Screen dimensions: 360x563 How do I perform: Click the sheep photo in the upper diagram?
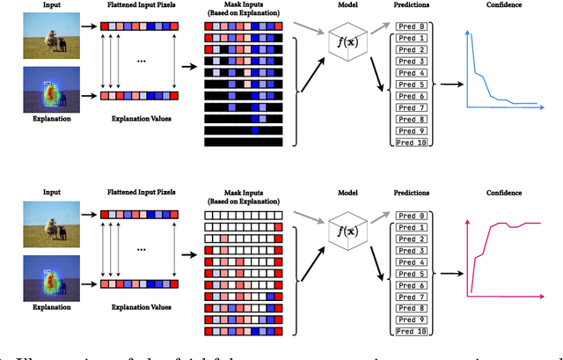52,41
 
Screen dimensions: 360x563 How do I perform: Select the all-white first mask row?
243,215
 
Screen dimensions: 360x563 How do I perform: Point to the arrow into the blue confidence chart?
450,84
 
